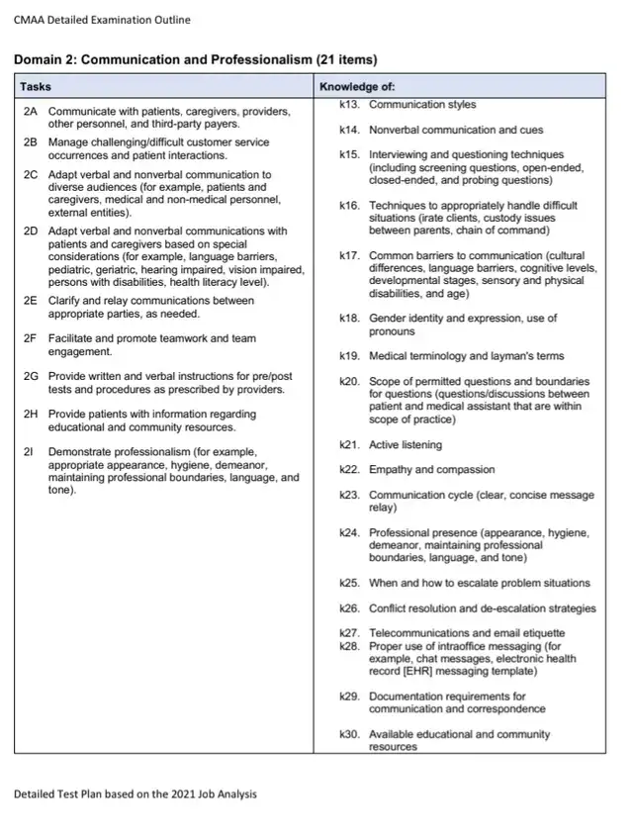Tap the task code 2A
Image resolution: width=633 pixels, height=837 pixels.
(x=30, y=111)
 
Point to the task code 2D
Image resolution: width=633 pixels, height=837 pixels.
(x=30, y=232)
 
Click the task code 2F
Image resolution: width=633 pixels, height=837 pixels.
(x=30, y=339)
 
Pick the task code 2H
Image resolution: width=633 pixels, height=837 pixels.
(x=30, y=415)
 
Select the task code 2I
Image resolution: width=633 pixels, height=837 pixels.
(x=28, y=452)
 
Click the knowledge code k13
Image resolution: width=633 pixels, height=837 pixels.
(x=348, y=104)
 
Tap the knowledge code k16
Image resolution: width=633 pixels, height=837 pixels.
(x=348, y=206)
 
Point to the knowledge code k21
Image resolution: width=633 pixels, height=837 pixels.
(x=348, y=445)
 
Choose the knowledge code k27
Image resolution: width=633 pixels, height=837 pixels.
(x=348, y=633)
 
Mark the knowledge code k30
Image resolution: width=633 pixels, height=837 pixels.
(x=348, y=735)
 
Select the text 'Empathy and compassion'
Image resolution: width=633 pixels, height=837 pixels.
(x=431, y=470)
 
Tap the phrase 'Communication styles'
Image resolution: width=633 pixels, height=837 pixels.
(x=422, y=104)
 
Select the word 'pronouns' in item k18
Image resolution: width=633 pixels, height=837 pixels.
(x=393, y=331)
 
